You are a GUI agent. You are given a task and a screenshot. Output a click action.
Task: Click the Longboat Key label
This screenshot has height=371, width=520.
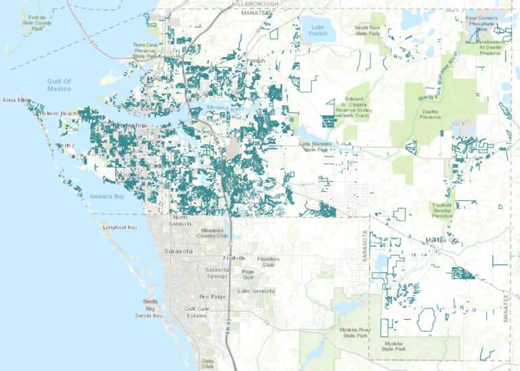click(120, 227)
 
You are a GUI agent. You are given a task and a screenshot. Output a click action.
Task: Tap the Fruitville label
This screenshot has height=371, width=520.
click(238, 259)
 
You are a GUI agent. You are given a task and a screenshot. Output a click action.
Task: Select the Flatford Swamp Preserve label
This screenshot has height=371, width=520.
click(446, 210)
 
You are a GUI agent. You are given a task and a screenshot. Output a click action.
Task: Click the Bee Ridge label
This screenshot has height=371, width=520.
click(212, 297)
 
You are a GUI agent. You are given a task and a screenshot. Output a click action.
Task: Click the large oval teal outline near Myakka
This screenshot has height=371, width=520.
click(426, 319)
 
